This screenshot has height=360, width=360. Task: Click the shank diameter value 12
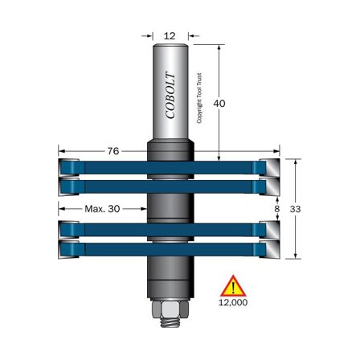[169, 36]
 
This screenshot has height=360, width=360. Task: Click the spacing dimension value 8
[277, 208]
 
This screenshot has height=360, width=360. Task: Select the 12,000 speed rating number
[233, 303]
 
